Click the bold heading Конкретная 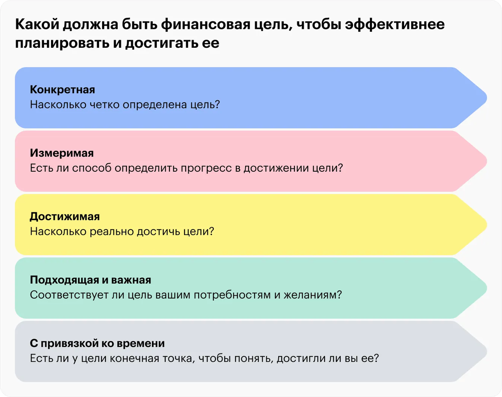pos(62,90)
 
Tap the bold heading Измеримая pos(61,153)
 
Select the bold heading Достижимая pos(65,217)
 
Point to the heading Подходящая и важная pos(90,280)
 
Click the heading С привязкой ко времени pos(97,343)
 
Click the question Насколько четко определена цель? pos(125,104)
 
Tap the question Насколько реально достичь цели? pos(122,231)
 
